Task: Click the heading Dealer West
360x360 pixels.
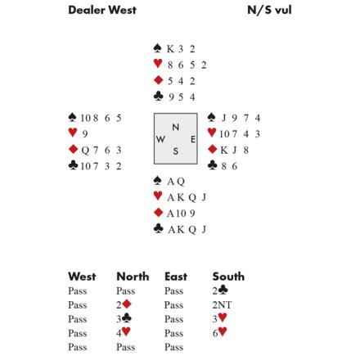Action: point(102,10)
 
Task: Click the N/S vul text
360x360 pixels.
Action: point(269,10)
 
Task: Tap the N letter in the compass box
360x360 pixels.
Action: point(176,127)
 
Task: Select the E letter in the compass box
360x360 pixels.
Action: point(193,139)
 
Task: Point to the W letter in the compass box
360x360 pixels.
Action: point(160,139)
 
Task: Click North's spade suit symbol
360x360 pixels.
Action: point(157,48)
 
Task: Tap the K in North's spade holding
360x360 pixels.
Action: point(170,49)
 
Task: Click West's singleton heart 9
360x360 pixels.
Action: point(85,134)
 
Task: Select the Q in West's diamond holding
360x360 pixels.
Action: point(85,151)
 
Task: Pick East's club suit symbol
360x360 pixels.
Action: point(212,165)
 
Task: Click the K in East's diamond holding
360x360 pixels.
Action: point(224,150)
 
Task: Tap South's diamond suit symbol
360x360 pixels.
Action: point(158,212)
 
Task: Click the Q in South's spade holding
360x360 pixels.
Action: point(181,182)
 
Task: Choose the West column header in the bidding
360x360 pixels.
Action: point(82,277)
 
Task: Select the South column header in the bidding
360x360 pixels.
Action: point(228,277)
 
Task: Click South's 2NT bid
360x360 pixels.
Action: point(222,304)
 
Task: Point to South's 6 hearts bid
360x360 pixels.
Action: point(220,332)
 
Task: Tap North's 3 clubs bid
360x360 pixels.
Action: point(124,318)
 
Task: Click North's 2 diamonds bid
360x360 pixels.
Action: point(124,304)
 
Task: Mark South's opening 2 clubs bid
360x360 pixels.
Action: point(220,290)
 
